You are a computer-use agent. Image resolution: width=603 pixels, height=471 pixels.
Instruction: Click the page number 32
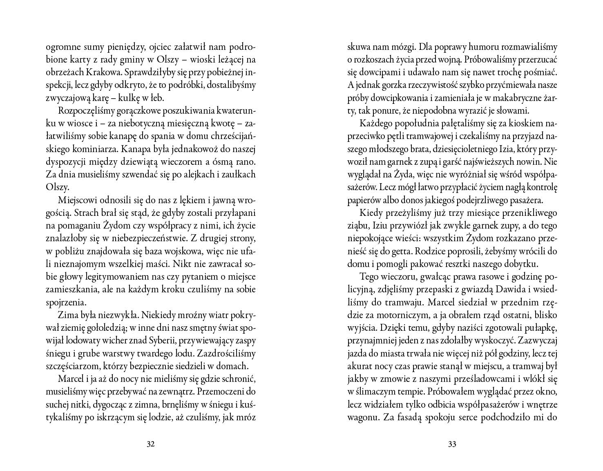[x=150, y=444]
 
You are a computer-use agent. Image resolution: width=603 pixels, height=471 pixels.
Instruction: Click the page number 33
[x=452, y=444]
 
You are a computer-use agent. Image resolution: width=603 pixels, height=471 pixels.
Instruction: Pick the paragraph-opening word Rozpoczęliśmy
[x=85, y=111]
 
